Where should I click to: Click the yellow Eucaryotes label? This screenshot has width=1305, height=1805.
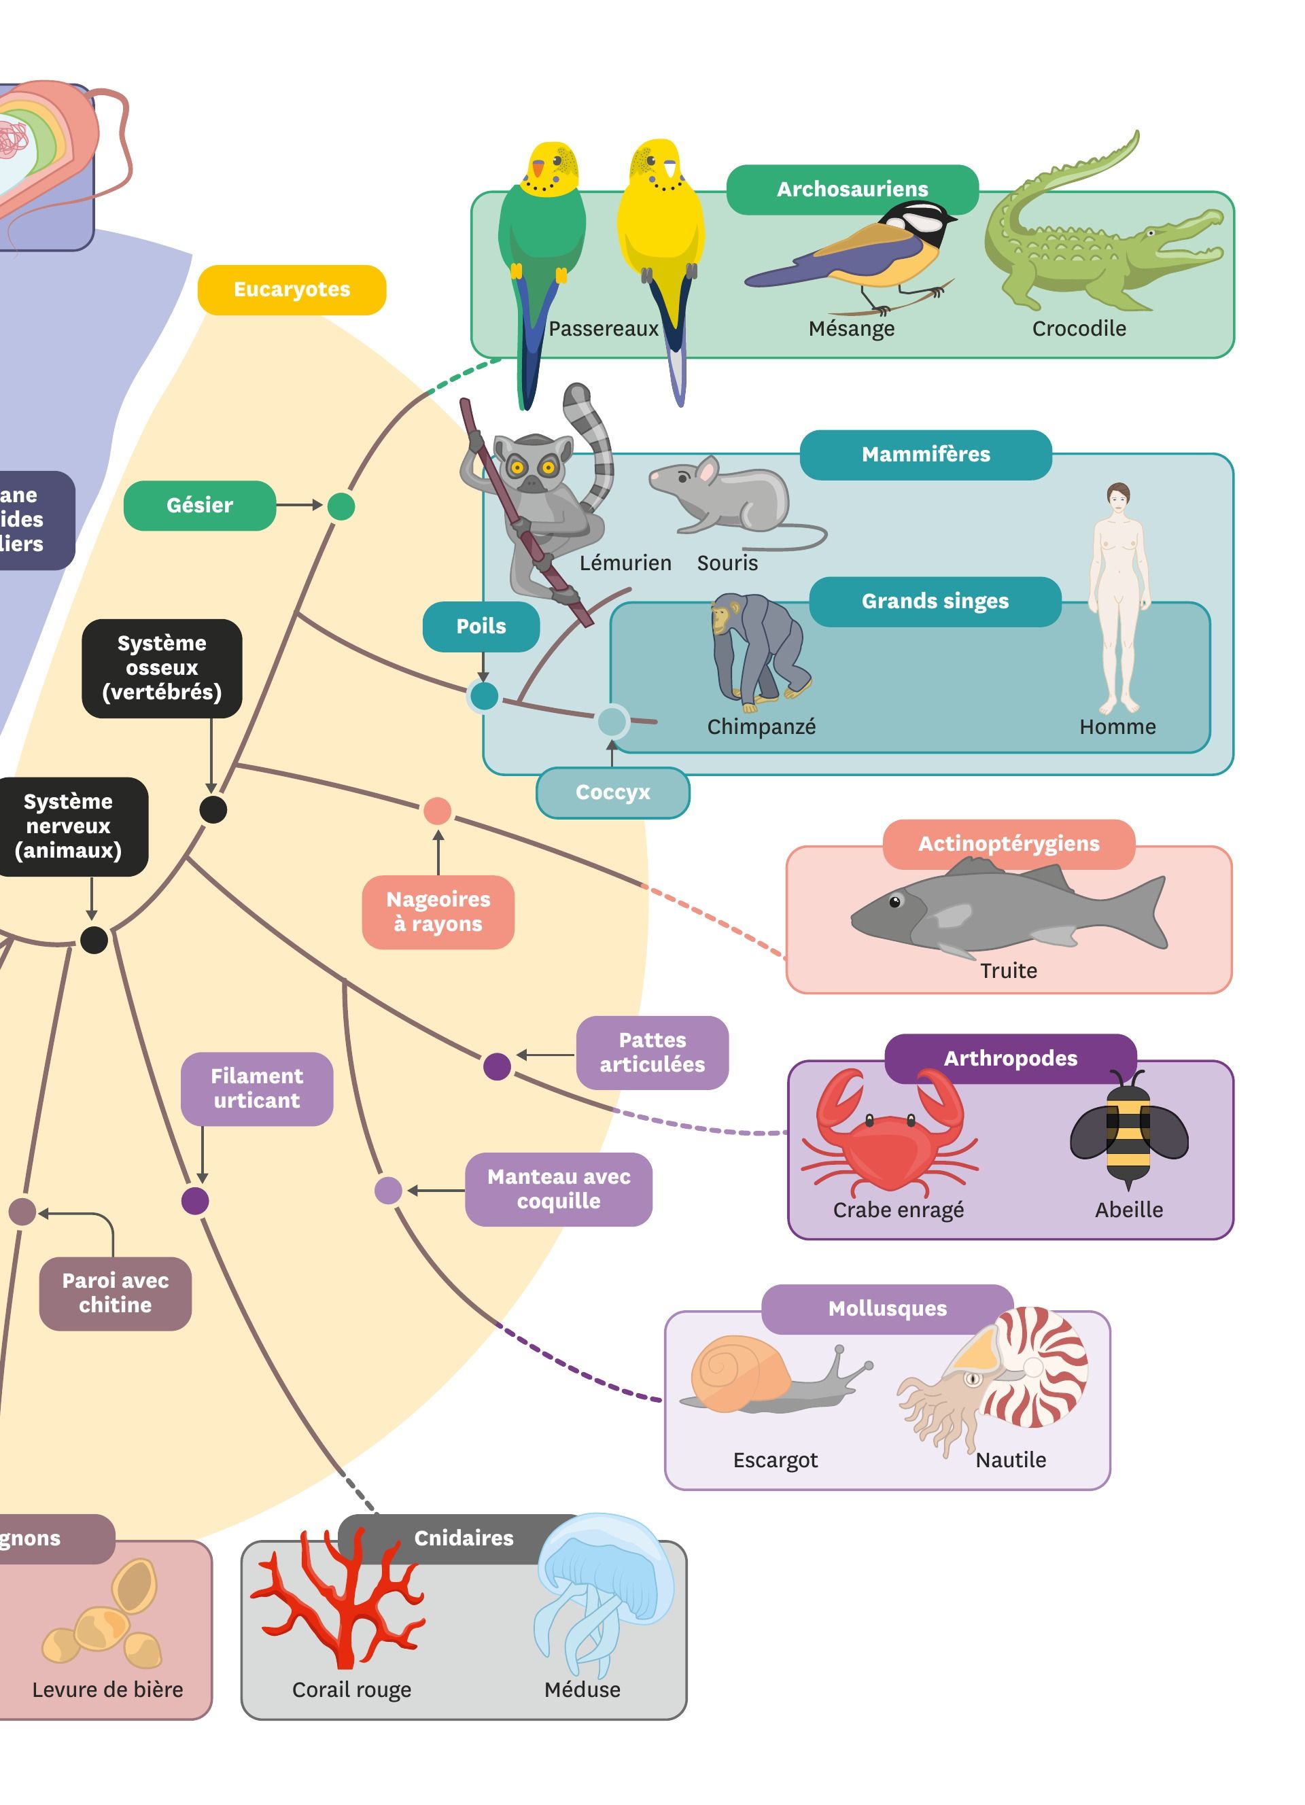pyautogui.click(x=291, y=290)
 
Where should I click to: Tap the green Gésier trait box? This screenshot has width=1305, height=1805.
pyautogui.click(x=199, y=506)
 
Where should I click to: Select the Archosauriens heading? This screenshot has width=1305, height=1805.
pyautogui.click(x=852, y=190)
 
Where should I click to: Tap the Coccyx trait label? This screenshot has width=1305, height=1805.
pyautogui.click(x=612, y=792)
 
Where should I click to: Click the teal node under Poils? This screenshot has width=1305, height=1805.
pyautogui.click(x=484, y=697)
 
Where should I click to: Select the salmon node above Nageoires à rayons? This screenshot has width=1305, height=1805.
pyautogui.click(x=437, y=811)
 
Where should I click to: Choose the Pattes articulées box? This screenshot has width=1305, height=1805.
pyautogui.click(x=652, y=1052)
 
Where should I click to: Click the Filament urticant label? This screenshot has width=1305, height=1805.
pyautogui.click(x=256, y=1089)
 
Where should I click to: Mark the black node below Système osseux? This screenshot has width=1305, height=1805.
pyautogui.click(x=213, y=809)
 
